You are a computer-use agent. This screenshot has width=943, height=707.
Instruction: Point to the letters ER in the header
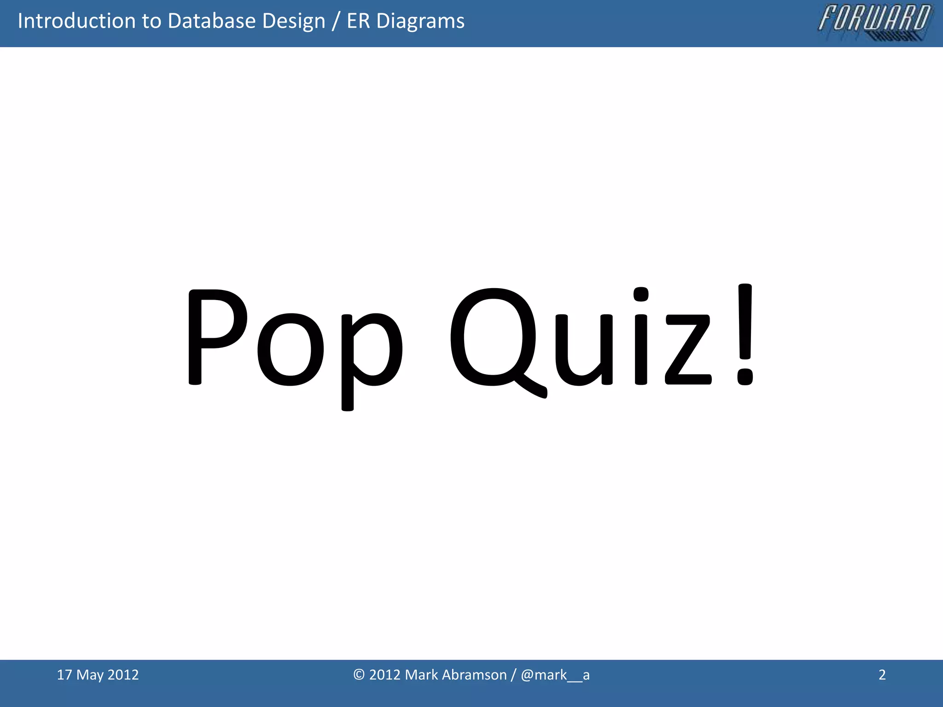(358, 21)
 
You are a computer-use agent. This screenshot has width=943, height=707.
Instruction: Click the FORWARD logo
(874, 22)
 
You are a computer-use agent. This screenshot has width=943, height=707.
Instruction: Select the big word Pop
(295, 341)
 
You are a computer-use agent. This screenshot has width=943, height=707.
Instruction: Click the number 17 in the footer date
(64, 675)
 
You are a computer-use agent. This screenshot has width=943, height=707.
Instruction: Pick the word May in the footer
(90, 675)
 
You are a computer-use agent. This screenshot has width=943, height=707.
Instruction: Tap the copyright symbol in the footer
(359, 675)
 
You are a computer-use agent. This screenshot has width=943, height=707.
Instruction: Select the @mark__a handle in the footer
(555, 675)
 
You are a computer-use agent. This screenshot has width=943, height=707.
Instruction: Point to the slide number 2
(882, 675)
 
